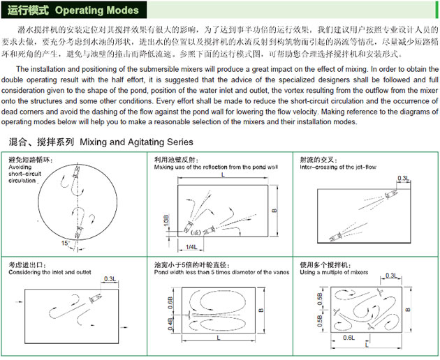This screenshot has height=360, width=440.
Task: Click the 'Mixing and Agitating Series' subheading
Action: coord(135,142)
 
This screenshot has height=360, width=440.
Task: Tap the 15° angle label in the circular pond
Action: coord(66,242)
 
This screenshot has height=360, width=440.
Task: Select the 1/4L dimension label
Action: coord(191,247)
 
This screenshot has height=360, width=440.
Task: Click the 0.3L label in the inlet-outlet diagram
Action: coord(110,279)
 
